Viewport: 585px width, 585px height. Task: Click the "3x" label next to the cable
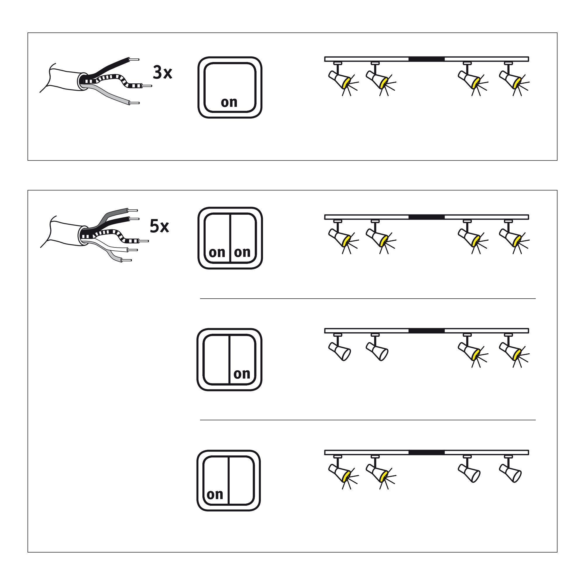tap(162, 73)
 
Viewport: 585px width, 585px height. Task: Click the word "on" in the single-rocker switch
tap(229, 102)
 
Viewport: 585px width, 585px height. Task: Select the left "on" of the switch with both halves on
tap(217, 252)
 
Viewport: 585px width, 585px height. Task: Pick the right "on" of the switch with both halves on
tap(242, 252)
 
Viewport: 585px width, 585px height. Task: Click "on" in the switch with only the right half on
tap(242, 374)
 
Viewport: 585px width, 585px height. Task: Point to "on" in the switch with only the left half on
tap(215, 494)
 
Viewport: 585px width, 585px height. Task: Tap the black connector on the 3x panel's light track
tap(426, 59)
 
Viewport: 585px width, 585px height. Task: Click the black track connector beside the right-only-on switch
tap(426, 331)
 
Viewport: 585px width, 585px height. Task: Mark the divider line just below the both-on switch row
tap(368, 299)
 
